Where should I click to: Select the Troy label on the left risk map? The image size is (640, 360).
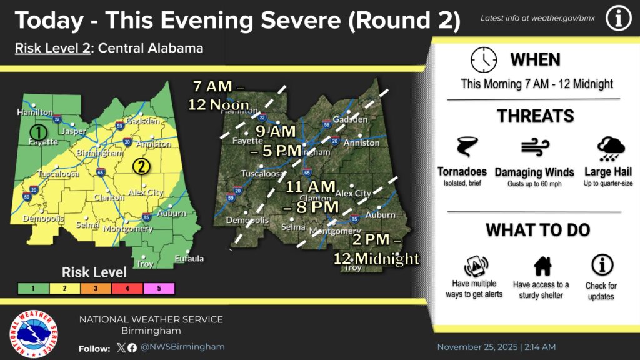point(145,264)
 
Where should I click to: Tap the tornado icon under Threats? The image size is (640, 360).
point(466,148)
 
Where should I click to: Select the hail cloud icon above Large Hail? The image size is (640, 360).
point(610,149)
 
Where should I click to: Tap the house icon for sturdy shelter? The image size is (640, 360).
point(542,266)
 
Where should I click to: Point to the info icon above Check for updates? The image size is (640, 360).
point(601,265)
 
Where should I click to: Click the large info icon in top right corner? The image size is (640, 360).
point(617,19)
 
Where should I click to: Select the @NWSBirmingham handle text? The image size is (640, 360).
point(182,347)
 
